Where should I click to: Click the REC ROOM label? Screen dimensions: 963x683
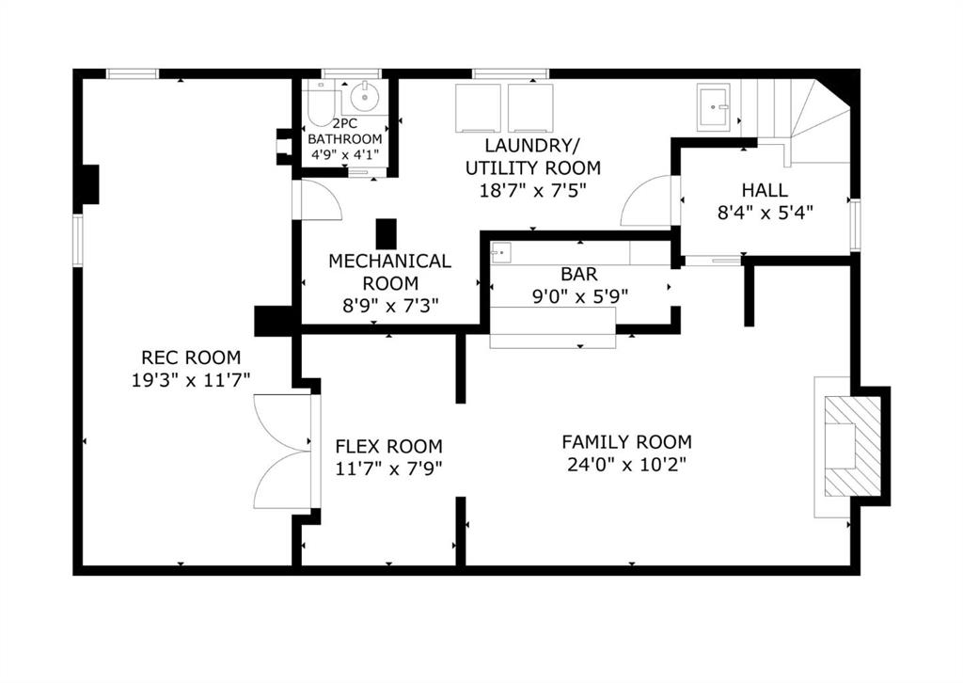[x=191, y=357]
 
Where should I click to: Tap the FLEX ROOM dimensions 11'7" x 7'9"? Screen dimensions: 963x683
[x=388, y=469]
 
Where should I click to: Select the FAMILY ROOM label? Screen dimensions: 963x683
[x=626, y=441]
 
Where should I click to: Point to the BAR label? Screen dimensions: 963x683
[x=579, y=274]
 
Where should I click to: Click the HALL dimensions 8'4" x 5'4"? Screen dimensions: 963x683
[x=766, y=213]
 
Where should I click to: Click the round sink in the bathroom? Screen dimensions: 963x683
[x=366, y=97]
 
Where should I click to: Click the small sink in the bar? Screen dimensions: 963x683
[x=501, y=252]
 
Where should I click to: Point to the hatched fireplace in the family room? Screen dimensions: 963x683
[x=852, y=446]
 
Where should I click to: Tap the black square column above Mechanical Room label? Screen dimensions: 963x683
[x=387, y=234]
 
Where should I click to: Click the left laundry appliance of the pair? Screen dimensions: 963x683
[x=479, y=108]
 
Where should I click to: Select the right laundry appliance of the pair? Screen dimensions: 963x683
[x=530, y=108]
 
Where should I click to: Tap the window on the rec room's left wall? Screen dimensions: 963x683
[x=78, y=240]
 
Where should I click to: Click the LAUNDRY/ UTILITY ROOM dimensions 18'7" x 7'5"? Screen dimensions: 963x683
[x=533, y=190]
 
